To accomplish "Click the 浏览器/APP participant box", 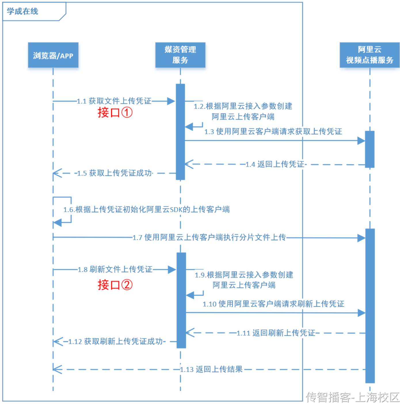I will tap(53, 55).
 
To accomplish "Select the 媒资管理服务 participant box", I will tap(180, 55).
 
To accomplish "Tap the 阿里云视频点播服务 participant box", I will tap(369, 55).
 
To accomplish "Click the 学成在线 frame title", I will tap(22, 11).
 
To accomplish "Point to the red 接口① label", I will tap(115, 112).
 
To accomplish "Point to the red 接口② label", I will tap(115, 285).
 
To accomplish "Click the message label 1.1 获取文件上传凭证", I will tap(114, 101).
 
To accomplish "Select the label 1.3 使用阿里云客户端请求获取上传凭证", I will tap(273, 132).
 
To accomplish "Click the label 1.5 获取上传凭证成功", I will tap(115, 173).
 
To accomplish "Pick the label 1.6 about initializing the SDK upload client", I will tap(146, 209).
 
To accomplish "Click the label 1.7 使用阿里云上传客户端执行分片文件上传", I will tap(209, 237).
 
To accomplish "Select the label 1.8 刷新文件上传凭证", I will tap(115, 269).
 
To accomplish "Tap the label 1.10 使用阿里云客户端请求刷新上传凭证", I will tap(273, 304).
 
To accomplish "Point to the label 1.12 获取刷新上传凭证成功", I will tap(116, 341).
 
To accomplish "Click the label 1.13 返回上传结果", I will tap(212, 369).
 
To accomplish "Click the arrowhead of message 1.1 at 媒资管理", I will tap(171, 101).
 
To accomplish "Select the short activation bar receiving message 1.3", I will tap(370, 149).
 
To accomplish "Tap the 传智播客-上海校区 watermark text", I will tap(353, 397).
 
